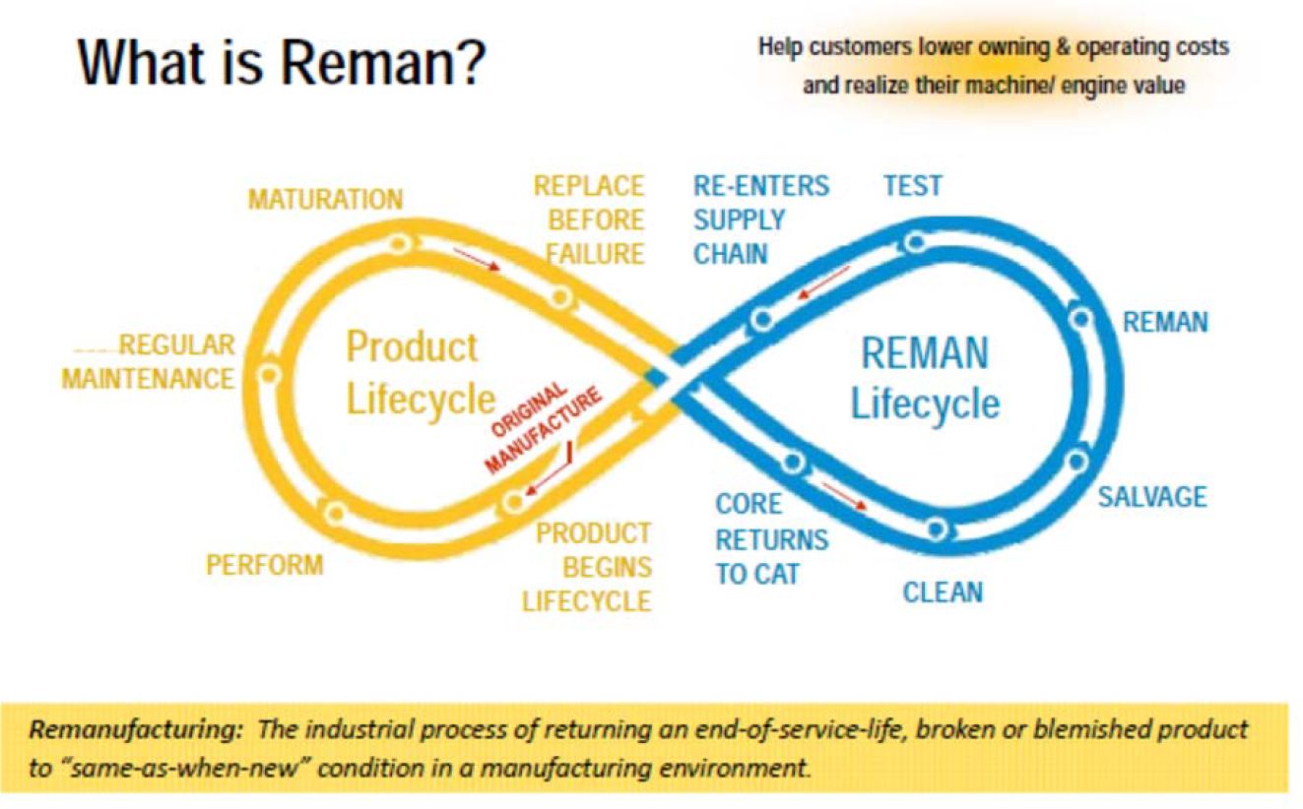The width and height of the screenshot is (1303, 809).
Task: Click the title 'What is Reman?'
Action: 282,62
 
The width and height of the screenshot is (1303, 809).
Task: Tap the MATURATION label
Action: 325,200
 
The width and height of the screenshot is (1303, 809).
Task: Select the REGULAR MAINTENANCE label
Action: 148,361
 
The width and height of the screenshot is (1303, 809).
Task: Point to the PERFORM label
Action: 265,565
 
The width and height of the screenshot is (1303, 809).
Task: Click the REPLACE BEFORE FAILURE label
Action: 589,219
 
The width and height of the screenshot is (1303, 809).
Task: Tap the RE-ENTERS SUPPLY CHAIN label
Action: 761,219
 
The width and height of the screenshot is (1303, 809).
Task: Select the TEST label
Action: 913,186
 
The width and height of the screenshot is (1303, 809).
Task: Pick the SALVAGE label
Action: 1152,497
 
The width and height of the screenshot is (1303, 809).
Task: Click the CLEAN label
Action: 943,592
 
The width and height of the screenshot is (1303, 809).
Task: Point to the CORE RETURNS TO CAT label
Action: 772,538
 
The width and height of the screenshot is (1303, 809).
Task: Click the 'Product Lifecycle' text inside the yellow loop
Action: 420,373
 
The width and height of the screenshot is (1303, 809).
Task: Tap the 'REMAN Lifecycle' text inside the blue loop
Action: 925,378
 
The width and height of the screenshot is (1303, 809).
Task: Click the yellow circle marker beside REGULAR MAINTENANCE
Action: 268,375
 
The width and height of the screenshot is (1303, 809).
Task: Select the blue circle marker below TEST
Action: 915,241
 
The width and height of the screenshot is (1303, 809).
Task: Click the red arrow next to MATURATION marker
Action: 477,259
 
